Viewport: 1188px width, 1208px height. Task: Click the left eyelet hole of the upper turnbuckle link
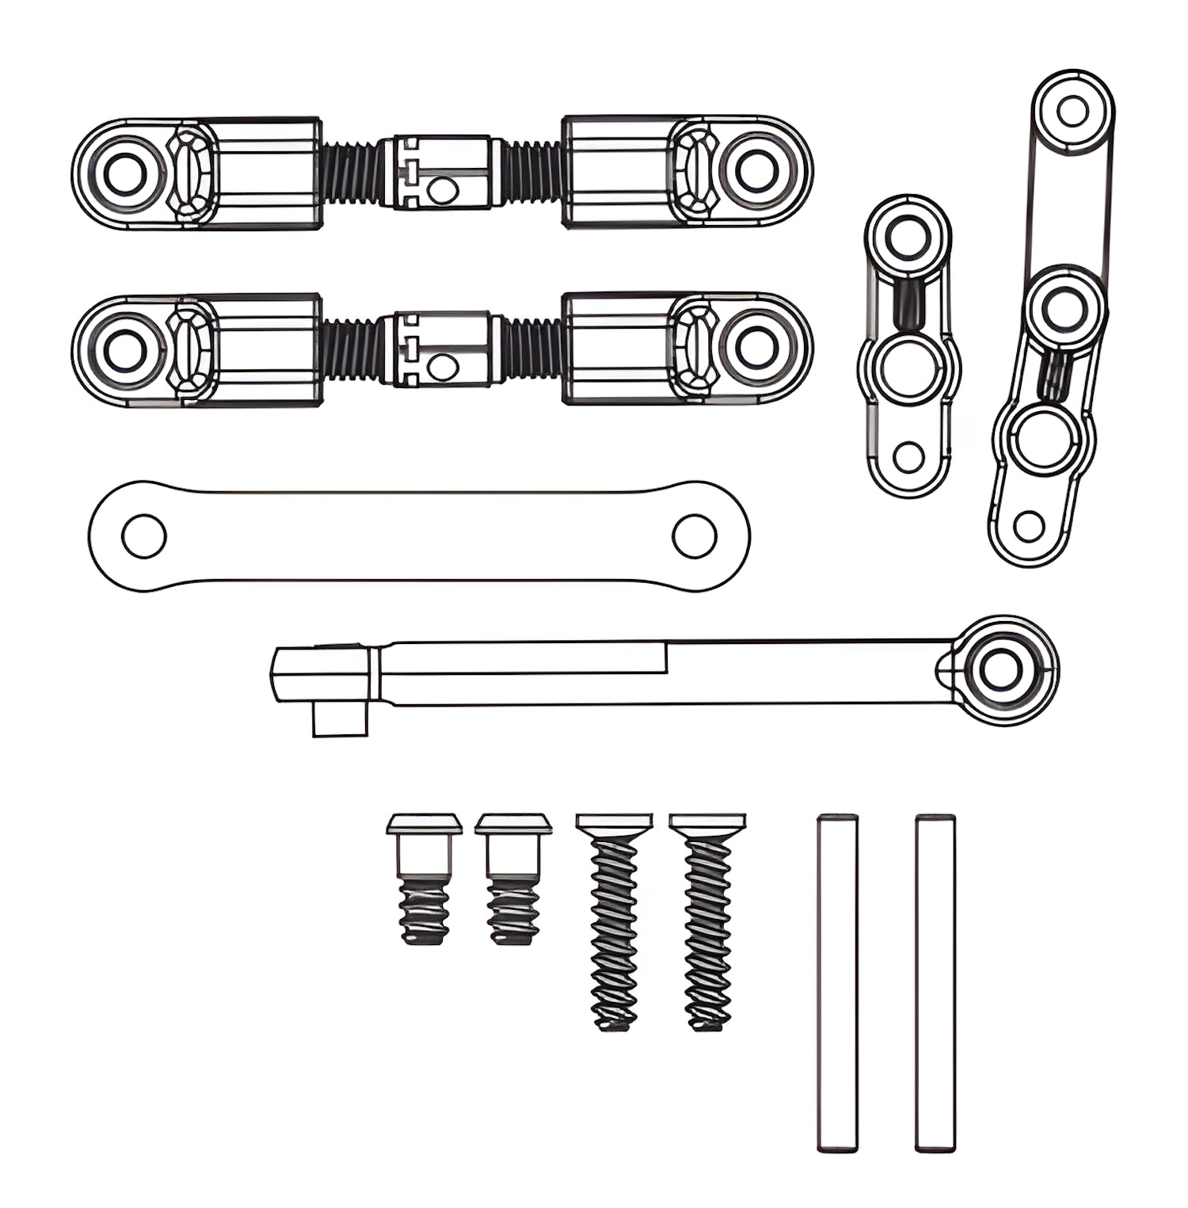click(x=124, y=172)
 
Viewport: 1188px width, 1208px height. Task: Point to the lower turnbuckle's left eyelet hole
click(x=124, y=349)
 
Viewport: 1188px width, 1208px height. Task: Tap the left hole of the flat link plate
click(x=143, y=536)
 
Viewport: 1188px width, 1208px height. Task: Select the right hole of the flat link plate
click(x=695, y=535)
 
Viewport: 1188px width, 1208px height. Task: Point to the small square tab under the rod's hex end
click(x=339, y=721)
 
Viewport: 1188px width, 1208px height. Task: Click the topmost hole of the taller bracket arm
click(x=1072, y=112)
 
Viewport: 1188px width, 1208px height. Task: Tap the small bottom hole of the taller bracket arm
click(x=1028, y=527)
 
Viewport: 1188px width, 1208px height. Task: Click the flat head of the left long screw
click(x=614, y=821)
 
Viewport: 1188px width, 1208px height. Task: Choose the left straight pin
click(x=837, y=982)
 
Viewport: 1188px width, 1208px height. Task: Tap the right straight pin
click(x=935, y=982)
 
